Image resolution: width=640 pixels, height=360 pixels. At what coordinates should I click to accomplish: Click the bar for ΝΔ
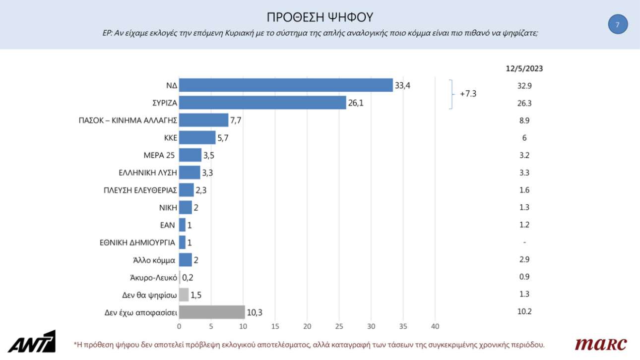pos(285,85)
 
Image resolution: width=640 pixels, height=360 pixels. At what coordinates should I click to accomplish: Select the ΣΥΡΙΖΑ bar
pos(262,103)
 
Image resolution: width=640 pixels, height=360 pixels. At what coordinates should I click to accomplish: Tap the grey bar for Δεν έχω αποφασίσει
pos(212,312)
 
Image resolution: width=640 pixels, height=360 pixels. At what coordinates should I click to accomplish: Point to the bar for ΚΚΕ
pos(197,137)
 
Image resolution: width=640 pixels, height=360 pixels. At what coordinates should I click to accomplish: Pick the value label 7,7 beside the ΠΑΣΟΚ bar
pos(237,120)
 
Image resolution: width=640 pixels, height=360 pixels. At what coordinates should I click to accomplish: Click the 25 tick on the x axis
pos(339,326)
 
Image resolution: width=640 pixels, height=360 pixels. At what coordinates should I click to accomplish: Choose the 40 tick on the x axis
pos(435,326)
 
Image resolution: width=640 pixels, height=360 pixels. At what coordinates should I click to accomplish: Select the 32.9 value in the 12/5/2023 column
pos(524,86)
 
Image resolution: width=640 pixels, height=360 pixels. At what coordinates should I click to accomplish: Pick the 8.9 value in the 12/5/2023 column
pos(524,120)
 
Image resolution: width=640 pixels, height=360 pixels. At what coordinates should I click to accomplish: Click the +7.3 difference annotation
pos(468,94)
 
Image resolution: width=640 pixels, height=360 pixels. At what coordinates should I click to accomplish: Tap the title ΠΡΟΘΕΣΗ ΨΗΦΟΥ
pos(320,18)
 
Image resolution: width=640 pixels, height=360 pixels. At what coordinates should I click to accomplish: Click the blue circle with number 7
pos(618,24)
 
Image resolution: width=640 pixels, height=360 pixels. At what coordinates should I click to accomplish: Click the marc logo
pos(600,344)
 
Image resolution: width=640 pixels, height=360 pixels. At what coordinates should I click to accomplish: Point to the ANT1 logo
pos(34,342)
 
